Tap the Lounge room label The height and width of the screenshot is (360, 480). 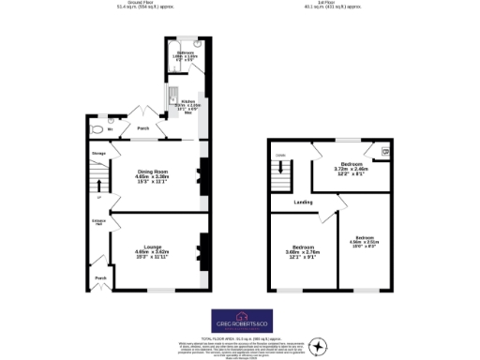click(152, 247)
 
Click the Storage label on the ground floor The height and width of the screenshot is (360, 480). click(97, 152)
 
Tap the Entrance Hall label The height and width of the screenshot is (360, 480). click(97, 223)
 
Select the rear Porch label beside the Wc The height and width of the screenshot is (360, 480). click(143, 128)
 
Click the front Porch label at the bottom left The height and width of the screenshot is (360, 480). click(98, 278)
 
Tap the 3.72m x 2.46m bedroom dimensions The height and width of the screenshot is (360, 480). click(352, 169)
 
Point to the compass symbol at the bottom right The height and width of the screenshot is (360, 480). click(322, 348)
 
